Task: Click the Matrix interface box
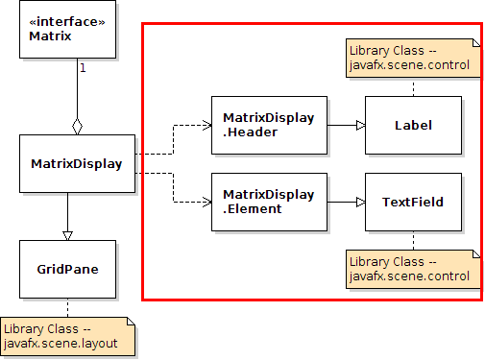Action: [67, 30]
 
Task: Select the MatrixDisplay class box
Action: [67, 163]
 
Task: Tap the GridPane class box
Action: [67, 269]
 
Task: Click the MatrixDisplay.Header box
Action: [269, 125]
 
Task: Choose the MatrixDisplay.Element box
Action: [269, 202]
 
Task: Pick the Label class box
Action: [413, 125]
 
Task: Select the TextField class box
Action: [413, 202]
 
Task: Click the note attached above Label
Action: [411, 58]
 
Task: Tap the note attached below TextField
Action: [411, 269]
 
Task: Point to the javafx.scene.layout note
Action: [67, 336]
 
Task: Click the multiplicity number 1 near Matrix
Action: [83, 68]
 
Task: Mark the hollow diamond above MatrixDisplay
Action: [77, 126]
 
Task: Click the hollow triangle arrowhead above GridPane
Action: [67, 233]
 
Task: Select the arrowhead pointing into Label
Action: [359, 125]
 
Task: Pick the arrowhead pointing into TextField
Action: [359, 202]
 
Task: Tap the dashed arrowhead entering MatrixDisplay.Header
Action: [206, 125]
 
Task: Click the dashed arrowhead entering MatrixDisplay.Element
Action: [206, 202]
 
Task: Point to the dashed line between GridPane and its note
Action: [67, 307]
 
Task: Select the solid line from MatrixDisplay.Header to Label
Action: [341, 125]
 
